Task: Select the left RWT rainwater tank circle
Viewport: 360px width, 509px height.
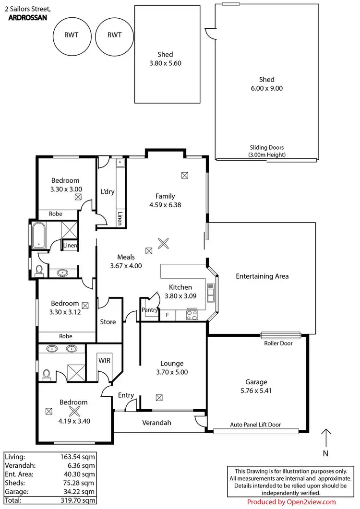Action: coord(72,35)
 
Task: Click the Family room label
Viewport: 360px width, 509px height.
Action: coord(165,196)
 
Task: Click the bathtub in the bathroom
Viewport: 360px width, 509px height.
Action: coord(38,235)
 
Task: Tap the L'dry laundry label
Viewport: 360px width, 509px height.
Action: coord(107,192)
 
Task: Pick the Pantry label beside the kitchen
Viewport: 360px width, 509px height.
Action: coord(150,310)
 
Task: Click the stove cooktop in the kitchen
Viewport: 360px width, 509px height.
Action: coord(192,315)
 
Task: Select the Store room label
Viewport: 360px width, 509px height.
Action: coord(108,322)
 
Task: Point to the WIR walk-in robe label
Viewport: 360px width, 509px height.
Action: coord(105,359)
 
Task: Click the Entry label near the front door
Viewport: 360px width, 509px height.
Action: coord(126,395)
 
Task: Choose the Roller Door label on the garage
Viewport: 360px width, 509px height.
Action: coord(278,343)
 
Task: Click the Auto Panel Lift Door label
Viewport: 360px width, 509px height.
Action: coord(255,425)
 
